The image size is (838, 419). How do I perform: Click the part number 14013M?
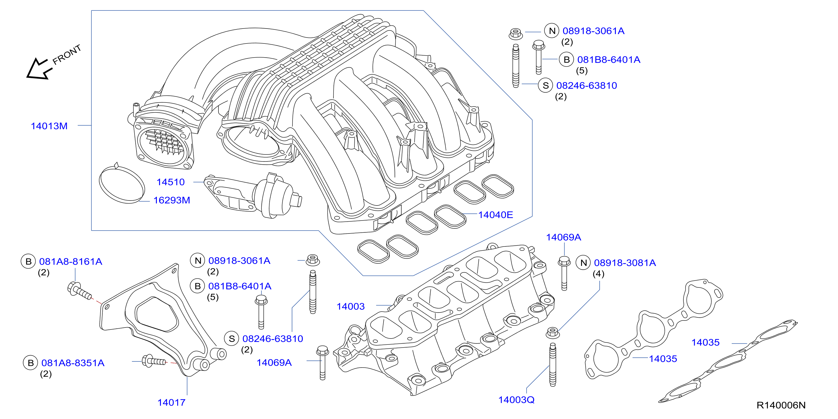[49, 126]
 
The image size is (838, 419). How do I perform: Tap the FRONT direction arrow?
[39, 69]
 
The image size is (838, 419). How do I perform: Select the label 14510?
[170, 182]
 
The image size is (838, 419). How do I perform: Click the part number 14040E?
[495, 215]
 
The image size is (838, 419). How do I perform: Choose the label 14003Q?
[516, 400]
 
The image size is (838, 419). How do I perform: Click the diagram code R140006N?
[781, 405]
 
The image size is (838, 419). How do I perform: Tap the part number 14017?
[172, 403]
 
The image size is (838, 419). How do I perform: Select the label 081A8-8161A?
[71, 262]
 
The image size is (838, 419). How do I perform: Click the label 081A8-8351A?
[73, 363]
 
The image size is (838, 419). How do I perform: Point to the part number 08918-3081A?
[625, 263]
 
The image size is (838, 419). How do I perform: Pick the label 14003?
[350, 307]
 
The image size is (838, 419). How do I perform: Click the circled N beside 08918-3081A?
[583, 263]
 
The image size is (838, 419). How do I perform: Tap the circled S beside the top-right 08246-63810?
[545, 86]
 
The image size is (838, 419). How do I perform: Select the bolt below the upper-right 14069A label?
[564, 273]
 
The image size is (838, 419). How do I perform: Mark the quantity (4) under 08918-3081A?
[598, 274]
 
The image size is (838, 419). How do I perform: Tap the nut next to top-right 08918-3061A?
[516, 34]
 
